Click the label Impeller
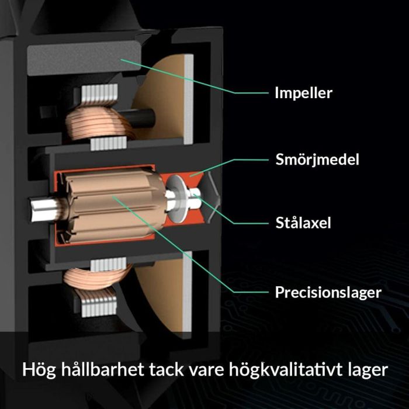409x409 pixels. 304,93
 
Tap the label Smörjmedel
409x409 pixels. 317,159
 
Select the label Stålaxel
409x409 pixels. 303,223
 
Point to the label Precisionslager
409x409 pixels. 328,292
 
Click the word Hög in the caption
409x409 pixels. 39,370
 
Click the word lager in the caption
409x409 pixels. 368,370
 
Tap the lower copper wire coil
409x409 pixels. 97,278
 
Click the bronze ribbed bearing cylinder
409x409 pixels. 114,205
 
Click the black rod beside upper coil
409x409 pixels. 138,118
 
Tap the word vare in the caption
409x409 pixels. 206,370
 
